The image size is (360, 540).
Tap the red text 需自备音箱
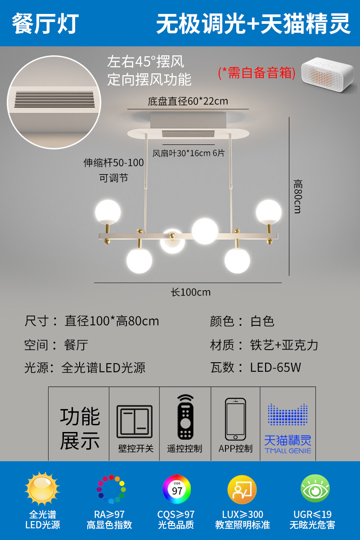click(256, 73)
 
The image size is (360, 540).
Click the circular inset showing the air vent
click(54, 102)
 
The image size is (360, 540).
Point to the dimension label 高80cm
click(297, 196)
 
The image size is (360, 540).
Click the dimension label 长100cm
click(191, 292)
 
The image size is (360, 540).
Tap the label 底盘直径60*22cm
click(188, 101)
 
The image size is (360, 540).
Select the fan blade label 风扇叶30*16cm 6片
click(189, 153)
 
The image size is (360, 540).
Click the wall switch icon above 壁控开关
click(135, 422)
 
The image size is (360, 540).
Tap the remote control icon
click(185, 417)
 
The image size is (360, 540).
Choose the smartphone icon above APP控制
click(235, 419)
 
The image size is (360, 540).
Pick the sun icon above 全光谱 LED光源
click(42, 489)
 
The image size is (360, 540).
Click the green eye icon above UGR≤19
click(315, 489)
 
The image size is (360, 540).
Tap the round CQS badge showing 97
click(177, 489)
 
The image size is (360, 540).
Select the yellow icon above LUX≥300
click(242, 489)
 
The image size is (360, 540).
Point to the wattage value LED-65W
click(275, 368)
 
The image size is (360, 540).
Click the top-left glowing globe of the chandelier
click(108, 211)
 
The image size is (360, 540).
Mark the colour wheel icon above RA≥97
click(111, 489)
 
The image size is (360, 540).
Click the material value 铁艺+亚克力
click(284, 345)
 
